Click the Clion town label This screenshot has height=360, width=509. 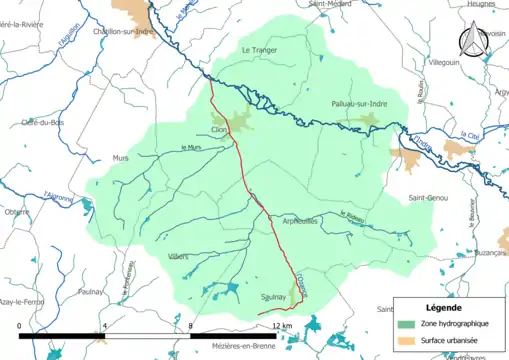(x=220, y=130)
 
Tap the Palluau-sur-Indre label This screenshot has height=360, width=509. (x=359, y=104)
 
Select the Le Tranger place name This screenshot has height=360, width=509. (x=259, y=49)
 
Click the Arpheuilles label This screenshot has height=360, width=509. (x=299, y=221)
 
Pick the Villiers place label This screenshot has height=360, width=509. (x=179, y=257)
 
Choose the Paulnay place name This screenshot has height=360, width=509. (x=91, y=292)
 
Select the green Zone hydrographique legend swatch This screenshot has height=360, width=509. (x=405, y=325)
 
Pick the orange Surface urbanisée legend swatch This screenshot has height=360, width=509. (x=405, y=340)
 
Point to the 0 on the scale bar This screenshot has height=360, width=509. (x=20, y=326)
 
